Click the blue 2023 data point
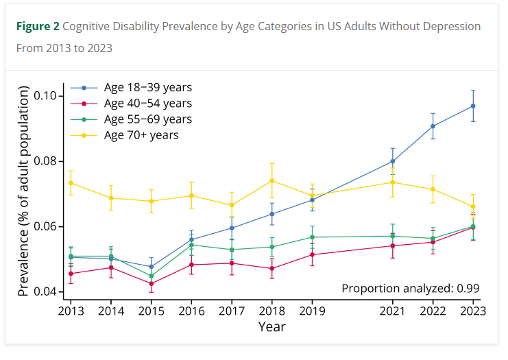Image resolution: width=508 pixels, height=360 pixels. coord(473,106)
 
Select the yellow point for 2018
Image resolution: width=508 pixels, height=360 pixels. coord(272,180)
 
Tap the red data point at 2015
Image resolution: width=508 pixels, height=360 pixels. coord(151,283)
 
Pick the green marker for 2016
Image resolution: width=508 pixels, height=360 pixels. coord(191,245)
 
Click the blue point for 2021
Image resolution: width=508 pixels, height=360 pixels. coord(393,161)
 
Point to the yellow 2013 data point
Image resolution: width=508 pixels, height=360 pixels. coord(71,182)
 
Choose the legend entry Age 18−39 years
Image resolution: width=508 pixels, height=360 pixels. coord(147,88)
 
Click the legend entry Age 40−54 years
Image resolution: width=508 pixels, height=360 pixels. coord(147,104)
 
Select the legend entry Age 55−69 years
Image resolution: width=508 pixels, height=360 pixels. coord(147,119)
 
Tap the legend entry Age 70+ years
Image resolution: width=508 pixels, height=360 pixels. coord(141,135)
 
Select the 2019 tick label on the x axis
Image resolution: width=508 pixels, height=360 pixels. coord(312,311)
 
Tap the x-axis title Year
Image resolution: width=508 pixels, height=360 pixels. coord(271,327)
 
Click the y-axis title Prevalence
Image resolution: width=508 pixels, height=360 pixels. coord(24,192)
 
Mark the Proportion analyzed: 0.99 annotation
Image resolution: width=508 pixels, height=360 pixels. coord(410,288)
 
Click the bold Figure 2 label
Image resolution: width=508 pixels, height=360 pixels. coord(38,26)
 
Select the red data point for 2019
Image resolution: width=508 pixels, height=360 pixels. coord(312,254)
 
